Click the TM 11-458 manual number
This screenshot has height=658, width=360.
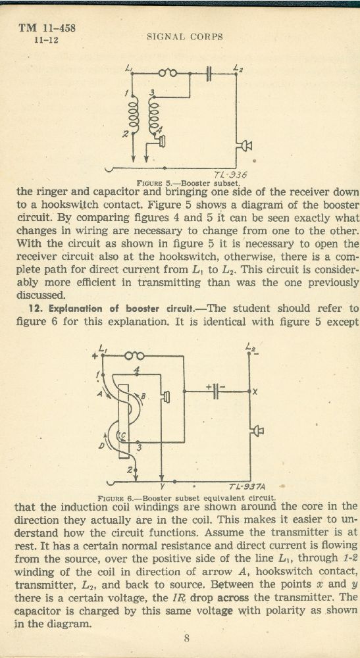47,28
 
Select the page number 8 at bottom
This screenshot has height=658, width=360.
187,640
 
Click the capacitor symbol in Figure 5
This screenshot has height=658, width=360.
210,74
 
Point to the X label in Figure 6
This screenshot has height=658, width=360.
255,392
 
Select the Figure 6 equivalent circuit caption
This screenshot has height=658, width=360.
187,498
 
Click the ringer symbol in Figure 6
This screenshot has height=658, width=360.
134,356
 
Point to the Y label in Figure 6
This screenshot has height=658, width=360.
161,488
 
